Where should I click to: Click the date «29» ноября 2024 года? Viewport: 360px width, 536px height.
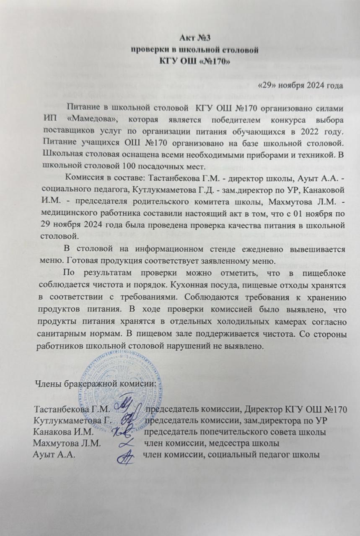300,87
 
